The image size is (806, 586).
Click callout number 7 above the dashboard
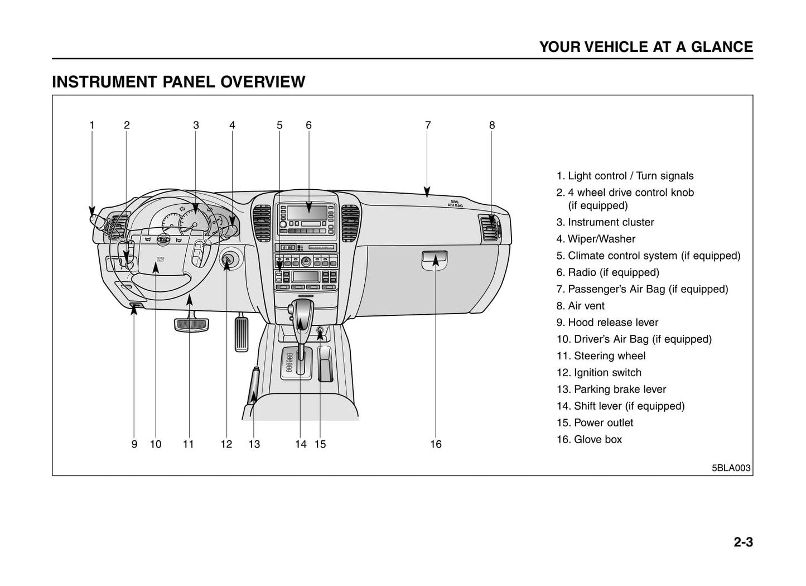pyautogui.click(x=428, y=125)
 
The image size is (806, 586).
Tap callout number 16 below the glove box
pyautogui.click(x=436, y=444)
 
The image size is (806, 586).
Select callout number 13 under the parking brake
pyautogui.click(x=254, y=444)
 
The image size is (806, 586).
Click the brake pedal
pyautogui.click(x=191, y=324)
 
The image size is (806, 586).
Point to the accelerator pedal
pyautogui.click(x=242, y=334)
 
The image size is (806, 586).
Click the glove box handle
pyautogui.click(x=435, y=258)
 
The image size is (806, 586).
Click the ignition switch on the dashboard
pyautogui.click(x=228, y=260)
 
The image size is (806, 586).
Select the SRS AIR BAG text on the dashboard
pyautogui.click(x=455, y=203)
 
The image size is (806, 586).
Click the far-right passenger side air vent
pyautogui.click(x=490, y=228)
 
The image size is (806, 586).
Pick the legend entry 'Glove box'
pyautogui.click(x=589, y=440)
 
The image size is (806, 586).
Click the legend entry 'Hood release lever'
pyautogui.click(x=607, y=323)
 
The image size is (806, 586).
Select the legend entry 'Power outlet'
pyautogui.click(x=595, y=423)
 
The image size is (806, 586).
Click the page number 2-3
pyautogui.click(x=743, y=542)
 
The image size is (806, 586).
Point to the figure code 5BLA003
pyautogui.click(x=731, y=468)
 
